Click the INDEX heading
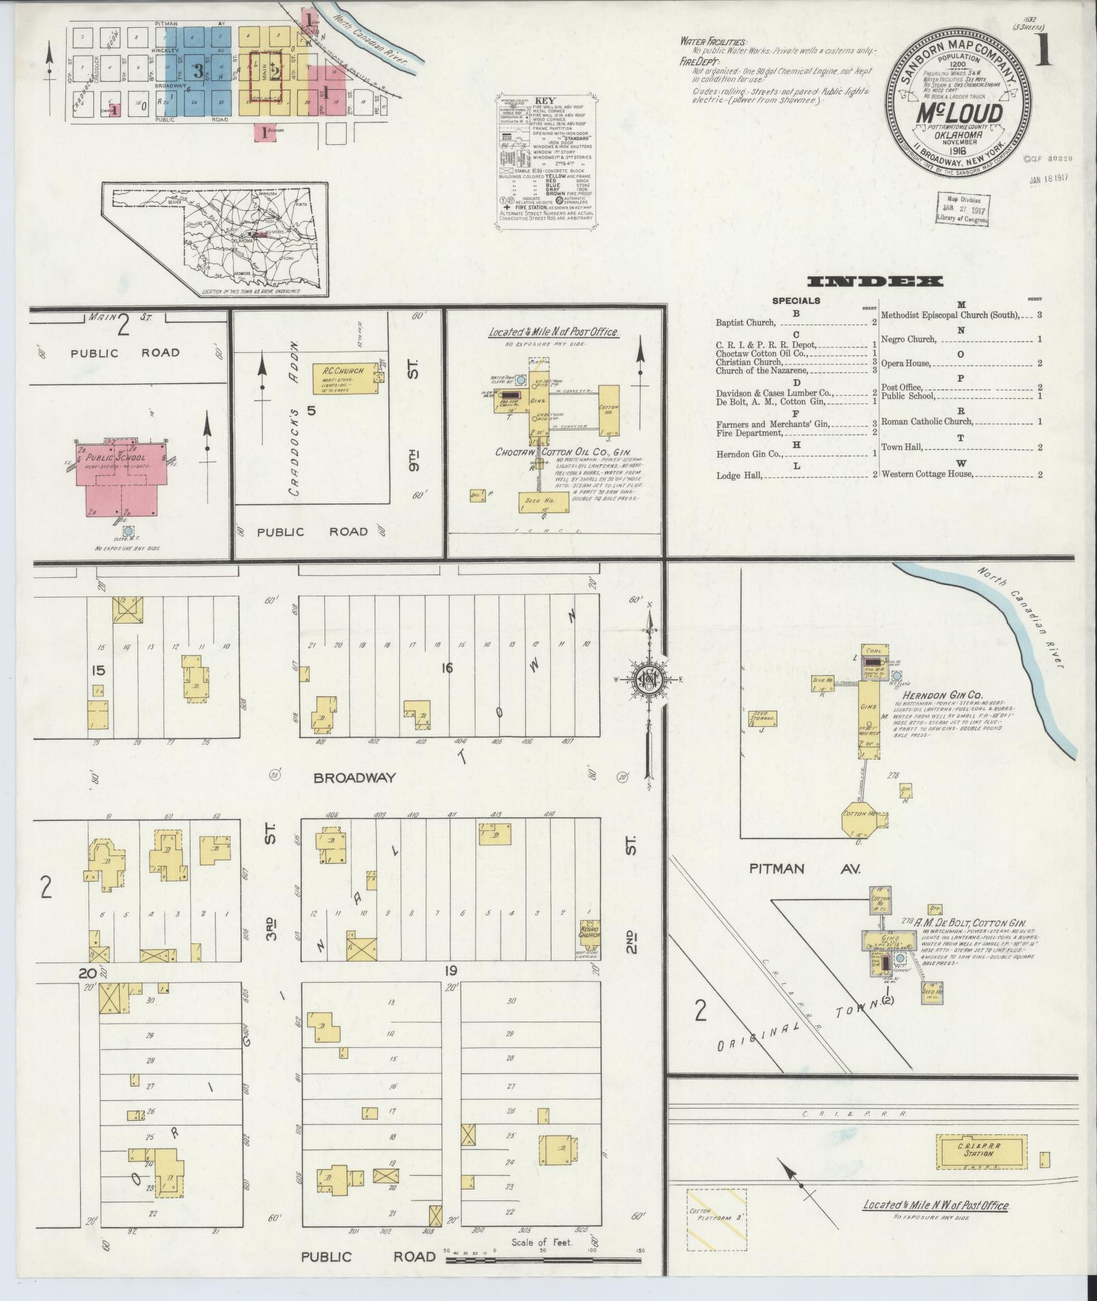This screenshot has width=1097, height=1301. [875, 281]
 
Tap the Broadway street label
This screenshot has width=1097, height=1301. [354, 777]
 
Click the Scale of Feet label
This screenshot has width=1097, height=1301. [542, 1242]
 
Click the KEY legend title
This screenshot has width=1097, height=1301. [546, 100]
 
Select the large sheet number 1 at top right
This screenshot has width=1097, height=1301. [1043, 51]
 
